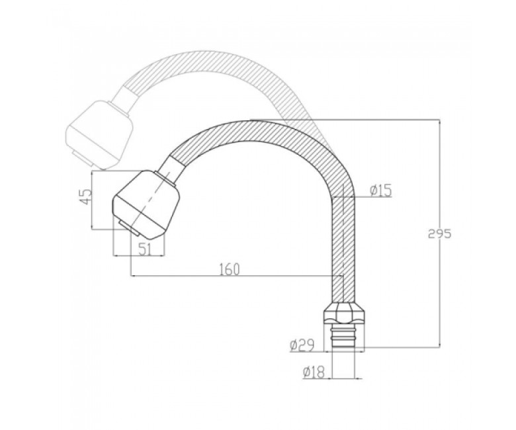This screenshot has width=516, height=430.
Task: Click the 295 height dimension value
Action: pos(440,234)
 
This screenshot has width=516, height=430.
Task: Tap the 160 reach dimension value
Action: pos(230,269)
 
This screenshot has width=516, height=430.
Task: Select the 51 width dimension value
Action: pos(145,249)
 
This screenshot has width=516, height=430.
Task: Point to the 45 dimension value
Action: pos(86,196)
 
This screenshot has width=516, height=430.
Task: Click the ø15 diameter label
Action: pos(380,190)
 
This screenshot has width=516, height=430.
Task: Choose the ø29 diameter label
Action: pos(302,345)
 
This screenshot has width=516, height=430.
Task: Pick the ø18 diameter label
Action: pos(314,372)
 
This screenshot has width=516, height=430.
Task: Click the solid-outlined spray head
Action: pos(146,204)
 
